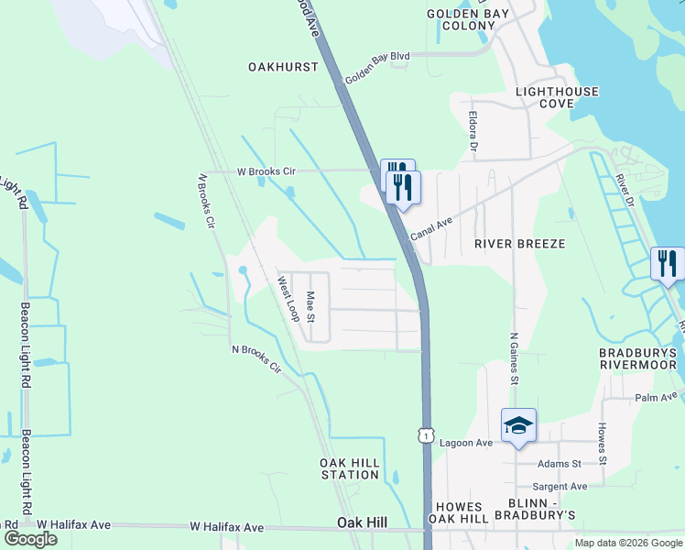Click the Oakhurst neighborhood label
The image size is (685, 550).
pos(283,67)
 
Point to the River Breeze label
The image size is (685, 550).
pos(519,244)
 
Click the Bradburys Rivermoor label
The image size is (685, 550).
pos(637,358)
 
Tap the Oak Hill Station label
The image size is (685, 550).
pos(350,468)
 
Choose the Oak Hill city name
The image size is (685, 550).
pos(361,522)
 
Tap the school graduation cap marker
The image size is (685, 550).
pos(518,425)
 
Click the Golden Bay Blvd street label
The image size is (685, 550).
pos(376,69)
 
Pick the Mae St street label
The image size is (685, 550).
pos(310,307)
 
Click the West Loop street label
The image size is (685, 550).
pos(288,300)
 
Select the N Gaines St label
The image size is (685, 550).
pos(514,357)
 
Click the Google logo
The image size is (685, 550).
pos(31,538)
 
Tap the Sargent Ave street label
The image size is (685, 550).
pos(560,486)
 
